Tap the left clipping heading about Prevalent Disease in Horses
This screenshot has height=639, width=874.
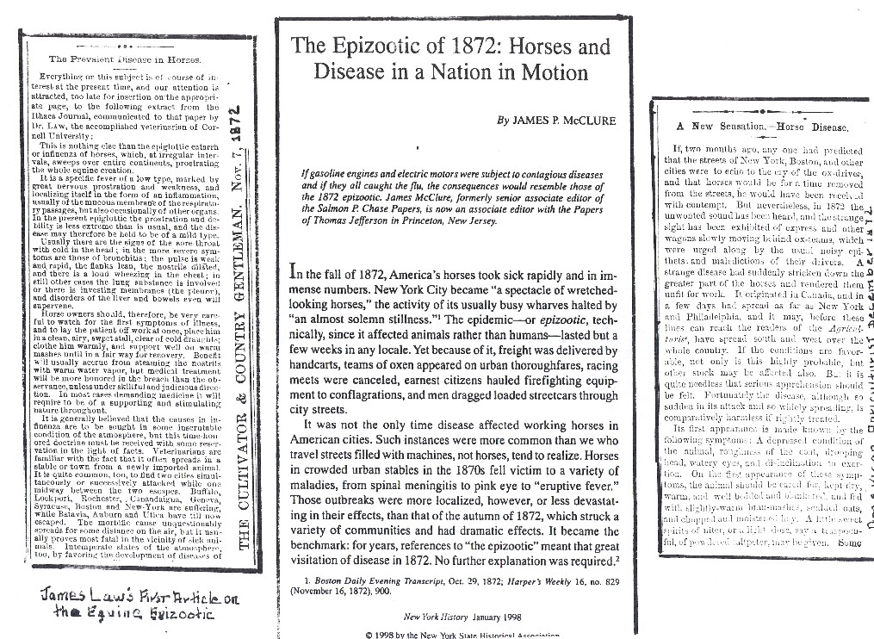pyautogui.click(x=125, y=59)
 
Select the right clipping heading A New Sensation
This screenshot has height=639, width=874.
pyautogui.click(x=762, y=127)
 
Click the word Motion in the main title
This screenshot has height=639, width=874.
pyautogui.click(x=554, y=71)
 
